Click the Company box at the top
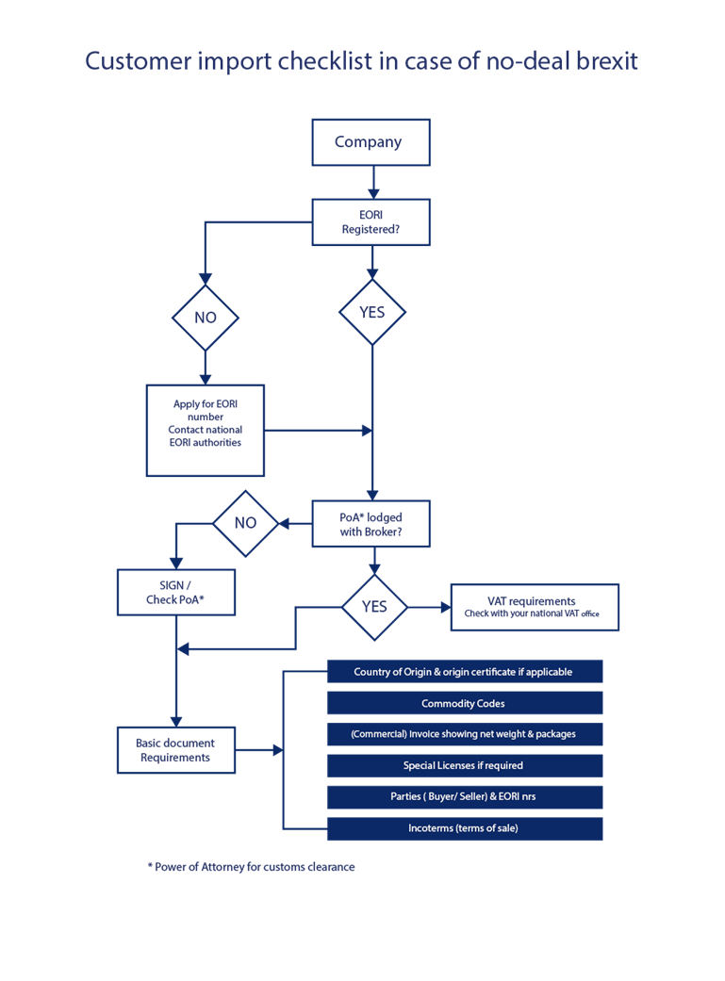[x=371, y=142]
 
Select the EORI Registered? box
[x=371, y=222]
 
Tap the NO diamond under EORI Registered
[x=206, y=318]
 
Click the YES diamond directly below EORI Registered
[x=371, y=312]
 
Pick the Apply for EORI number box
[x=206, y=431]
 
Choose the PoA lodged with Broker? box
[x=371, y=524]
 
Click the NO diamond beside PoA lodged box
[x=245, y=523]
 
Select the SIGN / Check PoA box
[x=176, y=593]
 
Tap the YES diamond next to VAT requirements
[x=374, y=607]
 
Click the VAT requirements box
[x=535, y=607]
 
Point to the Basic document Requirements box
[x=176, y=750]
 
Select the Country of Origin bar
[x=465, y=671]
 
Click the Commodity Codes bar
[x=465, y=703]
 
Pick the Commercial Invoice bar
[x=465, y=734]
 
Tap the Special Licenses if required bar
[x=465, y=765]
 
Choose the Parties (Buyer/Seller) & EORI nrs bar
[x=465, y=796]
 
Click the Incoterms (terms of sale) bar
[x=465, y=828]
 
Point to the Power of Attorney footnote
[x=251, y=867]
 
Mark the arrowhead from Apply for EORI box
[x=368, y=431]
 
